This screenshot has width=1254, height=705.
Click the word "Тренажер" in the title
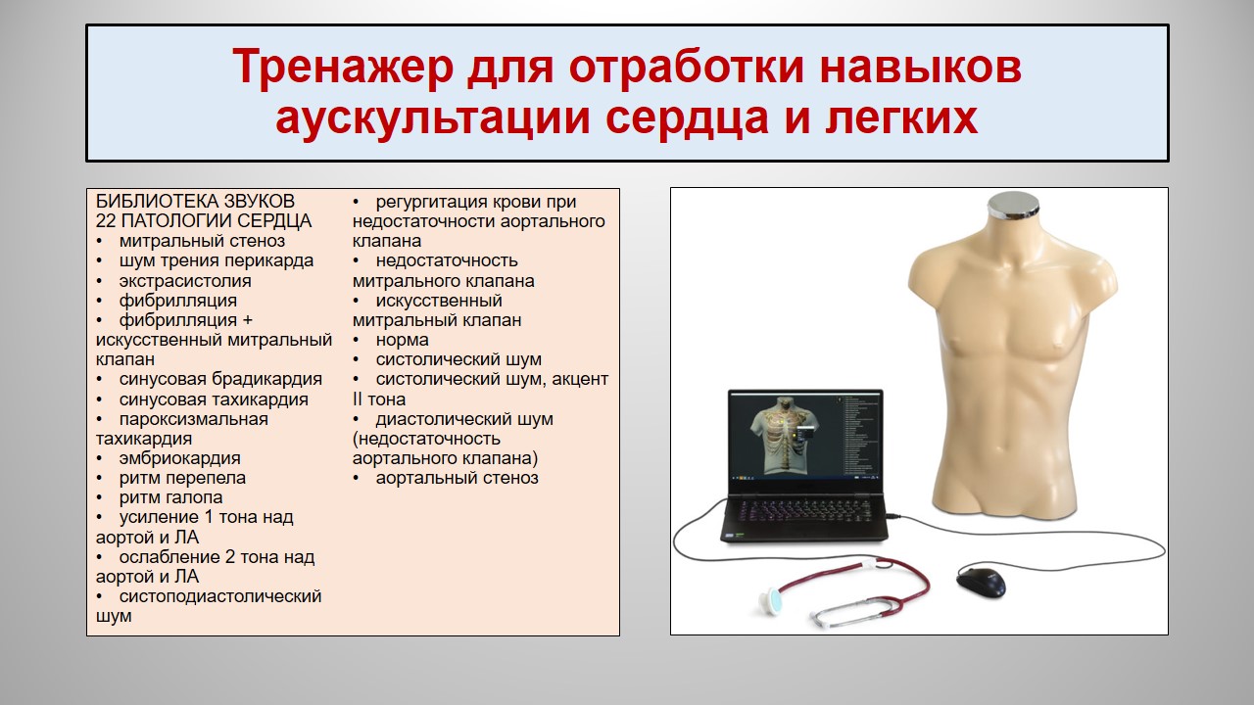pyautogui.click(x=343, y=68)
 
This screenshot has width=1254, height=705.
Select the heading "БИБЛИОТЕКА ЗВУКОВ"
pyautogui.click(x=195, y=201)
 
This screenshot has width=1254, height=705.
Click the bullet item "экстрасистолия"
pyautogui.click(x=185, y=280)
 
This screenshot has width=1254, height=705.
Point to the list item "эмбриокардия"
pyautogui.click(x=179, y=457)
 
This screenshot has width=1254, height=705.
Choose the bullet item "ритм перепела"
pyautogui.click(x=182, y=478)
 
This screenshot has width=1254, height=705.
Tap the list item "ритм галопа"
pyautogui.click(x=170, y=496)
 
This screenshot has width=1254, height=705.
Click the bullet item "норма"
pyautogui.click(x=402, y=340)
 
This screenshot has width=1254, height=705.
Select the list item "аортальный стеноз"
pyautogui.click(x=457, y=478)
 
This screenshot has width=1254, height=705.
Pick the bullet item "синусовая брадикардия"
pyautogui.click(x=220, y=379)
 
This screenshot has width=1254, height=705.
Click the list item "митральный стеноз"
pyautogui.click(x=202, y=241)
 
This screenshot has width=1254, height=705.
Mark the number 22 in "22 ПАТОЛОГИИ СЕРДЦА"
pyautogui.click(x=106, y=221)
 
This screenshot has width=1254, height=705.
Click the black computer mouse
pyautogui.click(x=981, y=582)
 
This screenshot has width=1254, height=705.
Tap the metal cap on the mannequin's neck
pyautogui.click(x=1014, y=206)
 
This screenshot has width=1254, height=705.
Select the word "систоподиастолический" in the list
pyautogui.click(x=220, y=596)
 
